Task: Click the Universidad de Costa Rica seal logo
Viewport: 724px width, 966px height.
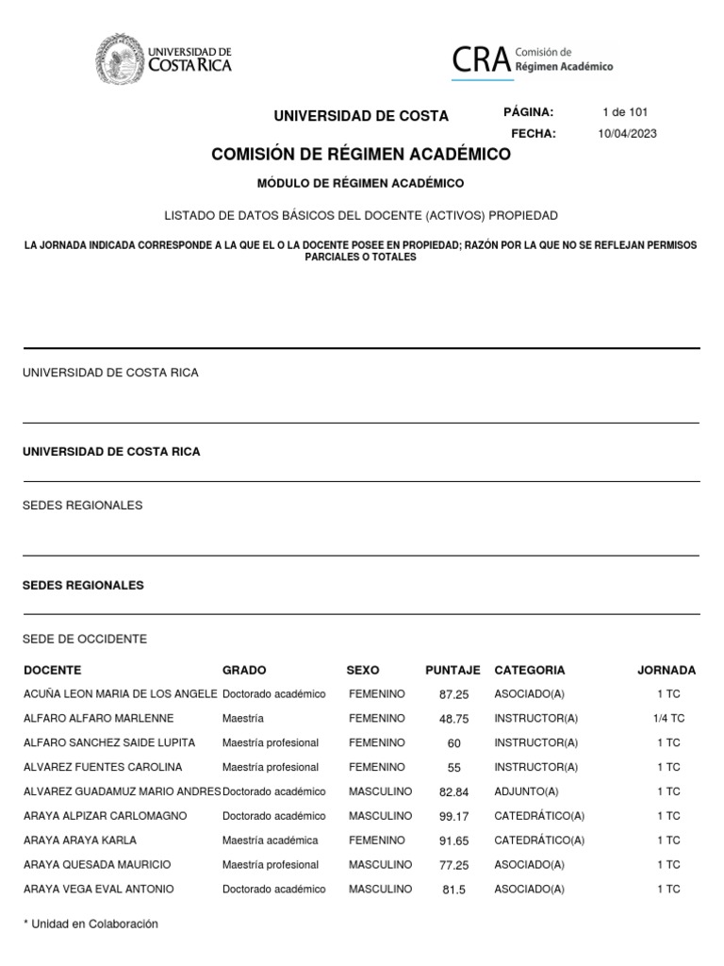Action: coord(119,59)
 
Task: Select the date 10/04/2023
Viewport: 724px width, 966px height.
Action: coord(627,134)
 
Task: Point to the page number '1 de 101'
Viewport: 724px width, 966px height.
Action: coord(625,112)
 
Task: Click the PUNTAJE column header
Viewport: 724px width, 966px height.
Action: coord(452,671)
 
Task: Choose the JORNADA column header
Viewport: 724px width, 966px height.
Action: coord(666,671)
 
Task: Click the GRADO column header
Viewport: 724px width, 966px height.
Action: coord(244,671)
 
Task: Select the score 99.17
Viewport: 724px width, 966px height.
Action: coord(454,816)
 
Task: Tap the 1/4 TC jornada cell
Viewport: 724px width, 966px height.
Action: coord(668,719)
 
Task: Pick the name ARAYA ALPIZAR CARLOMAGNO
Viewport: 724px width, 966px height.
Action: coord(105,816)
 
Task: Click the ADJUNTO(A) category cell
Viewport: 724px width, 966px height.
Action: coord(526,791)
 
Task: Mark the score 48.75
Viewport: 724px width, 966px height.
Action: coord(454,719)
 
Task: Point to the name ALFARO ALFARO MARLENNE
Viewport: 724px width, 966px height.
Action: coord(98,719)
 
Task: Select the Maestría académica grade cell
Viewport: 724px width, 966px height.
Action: coord(270,841)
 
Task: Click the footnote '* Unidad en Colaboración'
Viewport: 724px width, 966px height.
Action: coord(90,924)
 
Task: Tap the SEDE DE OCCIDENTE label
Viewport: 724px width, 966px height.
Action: coord(85,640)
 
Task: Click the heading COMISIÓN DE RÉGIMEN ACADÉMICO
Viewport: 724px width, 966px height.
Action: coord(361,155)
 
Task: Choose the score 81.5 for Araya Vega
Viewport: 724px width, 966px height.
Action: coord(454,890)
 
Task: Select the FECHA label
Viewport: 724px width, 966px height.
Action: coord(534,134)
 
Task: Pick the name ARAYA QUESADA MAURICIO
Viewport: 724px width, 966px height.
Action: coord(97,865)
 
